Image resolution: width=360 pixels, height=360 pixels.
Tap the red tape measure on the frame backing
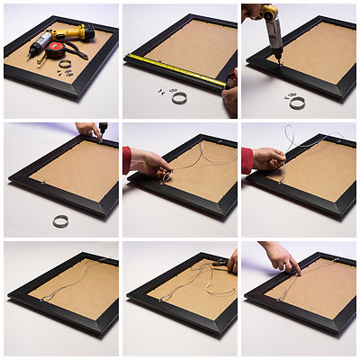57,49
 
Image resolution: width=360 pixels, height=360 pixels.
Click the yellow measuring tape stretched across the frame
175,68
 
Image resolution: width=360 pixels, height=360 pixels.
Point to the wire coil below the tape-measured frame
179,97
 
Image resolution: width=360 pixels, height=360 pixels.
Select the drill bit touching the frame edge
277,57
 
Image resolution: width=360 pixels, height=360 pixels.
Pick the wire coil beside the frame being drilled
297,103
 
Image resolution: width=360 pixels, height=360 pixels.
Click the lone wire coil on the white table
61,220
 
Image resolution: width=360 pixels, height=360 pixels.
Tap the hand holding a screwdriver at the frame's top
87,130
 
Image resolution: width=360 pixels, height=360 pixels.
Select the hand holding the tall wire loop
268,159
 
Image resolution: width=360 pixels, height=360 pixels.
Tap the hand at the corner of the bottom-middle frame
231,262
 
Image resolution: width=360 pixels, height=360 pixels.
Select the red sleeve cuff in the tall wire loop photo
247,160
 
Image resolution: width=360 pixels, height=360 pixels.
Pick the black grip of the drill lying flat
40,42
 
